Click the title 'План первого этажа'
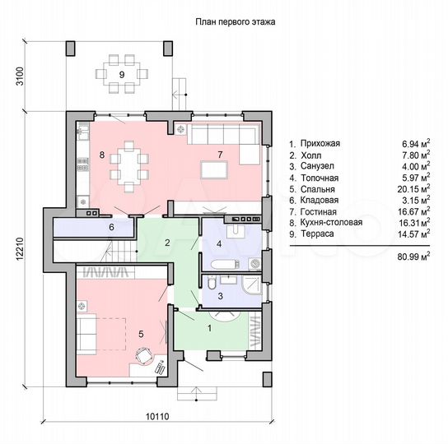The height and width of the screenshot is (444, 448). pos(234,24)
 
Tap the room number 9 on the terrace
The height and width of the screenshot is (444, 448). pos(122,75)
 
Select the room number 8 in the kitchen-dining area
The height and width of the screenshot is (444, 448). pos(100,154)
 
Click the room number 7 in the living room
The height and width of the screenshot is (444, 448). pos(219,154)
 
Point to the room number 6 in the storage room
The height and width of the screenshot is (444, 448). pos(111,227)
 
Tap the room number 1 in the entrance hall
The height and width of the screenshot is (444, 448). pos(208,329)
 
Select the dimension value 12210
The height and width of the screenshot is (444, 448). pos(18,247)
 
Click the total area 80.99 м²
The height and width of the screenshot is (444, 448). pos(413,257)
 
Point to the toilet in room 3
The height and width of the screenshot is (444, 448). pos(212,284)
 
